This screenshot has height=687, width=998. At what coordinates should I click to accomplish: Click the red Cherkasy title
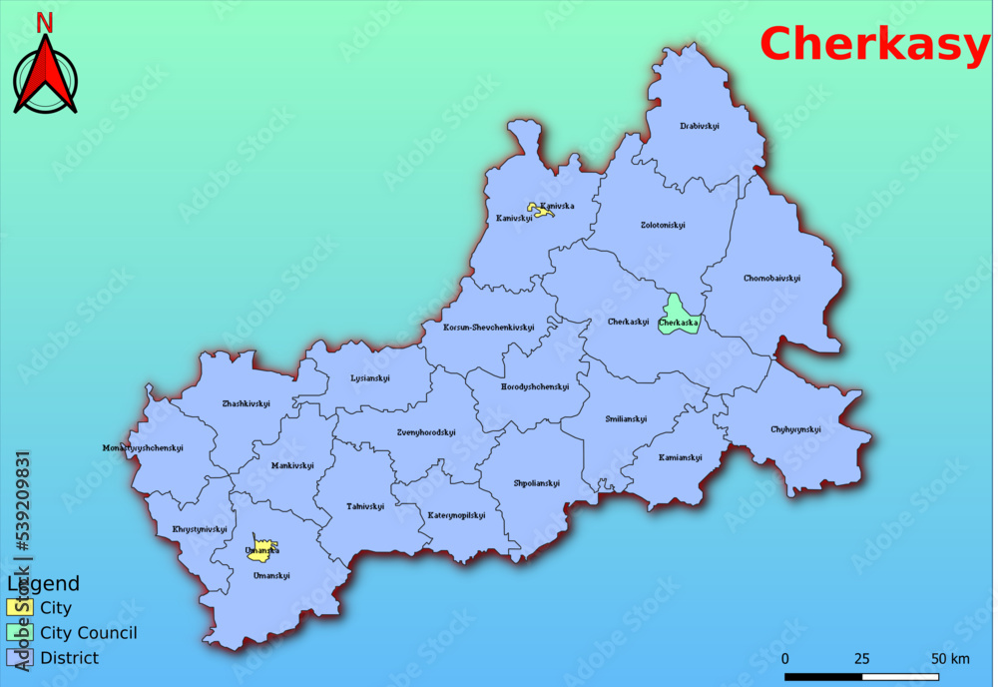[874, 44]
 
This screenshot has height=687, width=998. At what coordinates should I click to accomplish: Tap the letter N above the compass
[45, 22]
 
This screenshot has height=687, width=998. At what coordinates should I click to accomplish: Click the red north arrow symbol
[45, 74]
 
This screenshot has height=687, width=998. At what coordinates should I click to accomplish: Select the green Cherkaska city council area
[678, 314]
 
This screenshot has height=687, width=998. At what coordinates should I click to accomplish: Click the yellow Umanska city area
[261, 548]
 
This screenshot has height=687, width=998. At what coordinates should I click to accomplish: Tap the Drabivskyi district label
[700, 126]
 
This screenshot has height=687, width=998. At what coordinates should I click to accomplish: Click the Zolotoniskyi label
[663, 225]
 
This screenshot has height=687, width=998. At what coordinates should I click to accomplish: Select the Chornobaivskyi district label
[771, 278]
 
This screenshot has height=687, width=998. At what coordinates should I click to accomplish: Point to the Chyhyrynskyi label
[795, 429]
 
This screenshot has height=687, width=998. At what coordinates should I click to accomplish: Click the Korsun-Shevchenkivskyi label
[489, 328]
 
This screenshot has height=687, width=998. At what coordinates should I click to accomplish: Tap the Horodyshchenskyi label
[535, 386]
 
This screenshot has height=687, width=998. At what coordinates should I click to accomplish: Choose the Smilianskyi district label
[626, 418]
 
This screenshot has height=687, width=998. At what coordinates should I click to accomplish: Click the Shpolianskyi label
[537, 483]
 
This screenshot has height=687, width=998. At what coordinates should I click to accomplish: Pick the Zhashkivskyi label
[246, 403]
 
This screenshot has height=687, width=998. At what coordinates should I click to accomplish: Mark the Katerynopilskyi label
[457, 515]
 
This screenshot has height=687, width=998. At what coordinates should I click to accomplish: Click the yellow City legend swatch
[20, 607]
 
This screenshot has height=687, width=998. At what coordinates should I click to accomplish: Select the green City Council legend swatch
[20, 632]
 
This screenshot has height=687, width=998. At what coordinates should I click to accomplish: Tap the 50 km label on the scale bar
[950, 658]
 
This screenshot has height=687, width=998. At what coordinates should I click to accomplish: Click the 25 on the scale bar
[861, 658]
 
